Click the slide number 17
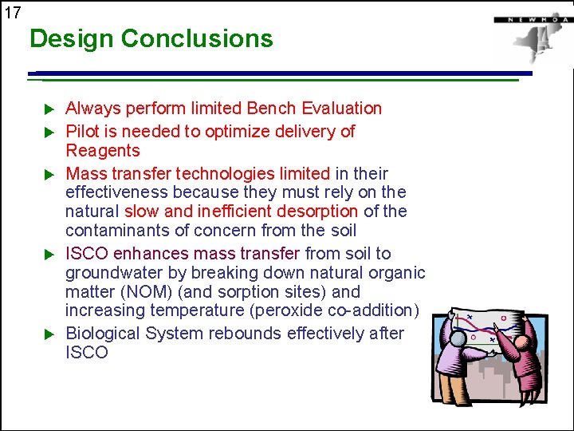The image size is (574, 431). click(x=12, y=12)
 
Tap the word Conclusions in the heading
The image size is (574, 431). click(x=197, y=38)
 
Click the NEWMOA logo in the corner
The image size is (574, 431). click(x=530, y=36)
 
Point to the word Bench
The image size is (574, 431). click(x=269, y=109)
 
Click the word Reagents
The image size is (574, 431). click(x=102, y=151)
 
